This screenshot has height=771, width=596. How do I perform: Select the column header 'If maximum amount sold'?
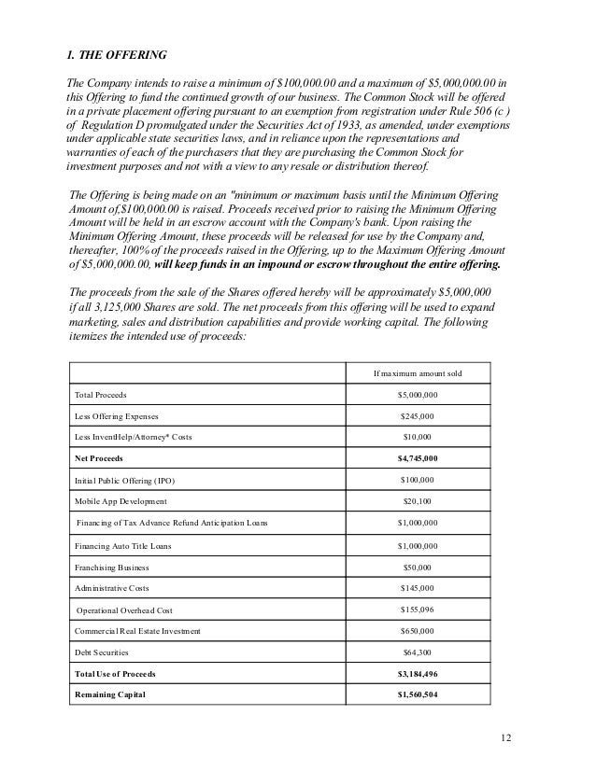pos(417,374)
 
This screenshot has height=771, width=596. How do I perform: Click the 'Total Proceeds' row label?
pos(101,396)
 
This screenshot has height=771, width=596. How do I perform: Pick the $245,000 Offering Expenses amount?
pos(417,416)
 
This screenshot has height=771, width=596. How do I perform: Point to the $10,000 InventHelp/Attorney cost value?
pos(417,438)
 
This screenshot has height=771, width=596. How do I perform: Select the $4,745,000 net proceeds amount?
pos(417,459)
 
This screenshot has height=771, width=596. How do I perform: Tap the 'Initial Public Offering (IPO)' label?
pos(124,481)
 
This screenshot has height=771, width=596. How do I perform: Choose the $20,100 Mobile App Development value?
pos(417,502)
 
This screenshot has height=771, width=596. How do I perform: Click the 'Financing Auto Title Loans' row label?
pos(122,545)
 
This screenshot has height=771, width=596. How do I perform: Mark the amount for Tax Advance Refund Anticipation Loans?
pos(417,524)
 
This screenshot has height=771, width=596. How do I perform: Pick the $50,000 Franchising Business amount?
pos(417,567)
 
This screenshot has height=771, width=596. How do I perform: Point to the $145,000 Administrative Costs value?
pos(417,588)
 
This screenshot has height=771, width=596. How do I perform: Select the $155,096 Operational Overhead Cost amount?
pos(417,610)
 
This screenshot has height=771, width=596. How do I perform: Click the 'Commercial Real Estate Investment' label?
pos(136,631)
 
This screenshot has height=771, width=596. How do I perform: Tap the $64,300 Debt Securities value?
pos(417,652)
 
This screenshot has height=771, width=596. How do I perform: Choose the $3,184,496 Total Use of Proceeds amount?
pos(417,674)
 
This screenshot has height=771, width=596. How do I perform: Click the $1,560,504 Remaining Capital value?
pos(417,695)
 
